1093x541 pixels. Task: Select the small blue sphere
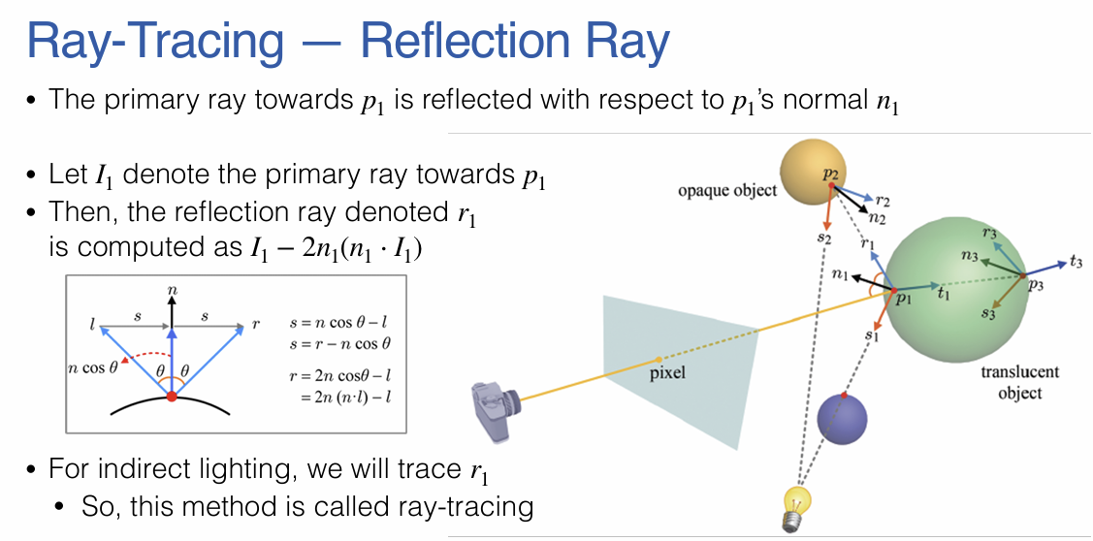pos(842,419)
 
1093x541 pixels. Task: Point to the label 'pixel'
pos(669,372)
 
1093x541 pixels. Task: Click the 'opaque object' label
pos(727,190)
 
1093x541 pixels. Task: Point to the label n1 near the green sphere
pos(839,275)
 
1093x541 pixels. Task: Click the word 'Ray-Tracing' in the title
pos(155,42)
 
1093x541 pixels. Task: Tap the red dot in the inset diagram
pos(172,397)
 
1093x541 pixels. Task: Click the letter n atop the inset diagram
pos(172,289)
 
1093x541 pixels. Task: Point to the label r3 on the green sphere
pos(989,233)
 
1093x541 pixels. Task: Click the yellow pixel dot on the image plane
pos(659,360)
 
